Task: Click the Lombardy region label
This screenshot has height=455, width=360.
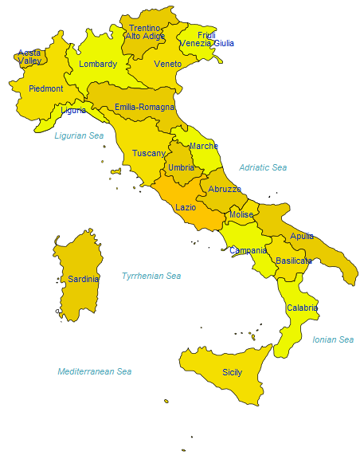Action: point(98,65)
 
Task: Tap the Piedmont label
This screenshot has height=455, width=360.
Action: point(46,89)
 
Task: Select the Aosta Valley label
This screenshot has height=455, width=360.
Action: point(30,57)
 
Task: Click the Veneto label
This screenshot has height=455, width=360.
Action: point(168,64)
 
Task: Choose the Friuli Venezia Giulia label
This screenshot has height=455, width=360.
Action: point(207,39)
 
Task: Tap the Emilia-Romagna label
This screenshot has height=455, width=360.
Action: point(144,107)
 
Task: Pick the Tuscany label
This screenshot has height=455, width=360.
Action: point(149,153)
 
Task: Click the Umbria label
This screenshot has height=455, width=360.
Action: point(182,167)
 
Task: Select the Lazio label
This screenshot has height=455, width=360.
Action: point(186,207)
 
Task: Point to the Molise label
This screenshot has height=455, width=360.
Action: point(241,215)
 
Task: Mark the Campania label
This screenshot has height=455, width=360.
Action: point(248,250)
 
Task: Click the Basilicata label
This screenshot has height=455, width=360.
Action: point(293,261)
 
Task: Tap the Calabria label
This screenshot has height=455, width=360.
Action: point(302,308)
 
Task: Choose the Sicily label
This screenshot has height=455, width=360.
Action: point(232,372)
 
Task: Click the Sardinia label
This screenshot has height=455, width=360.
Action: point(84,279)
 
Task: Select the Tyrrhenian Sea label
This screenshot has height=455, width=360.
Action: point(151,276)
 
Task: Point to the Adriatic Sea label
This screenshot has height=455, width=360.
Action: point(263,167)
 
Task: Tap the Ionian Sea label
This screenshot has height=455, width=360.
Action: point(333,339)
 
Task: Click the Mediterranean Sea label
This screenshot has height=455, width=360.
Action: point(95,371)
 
